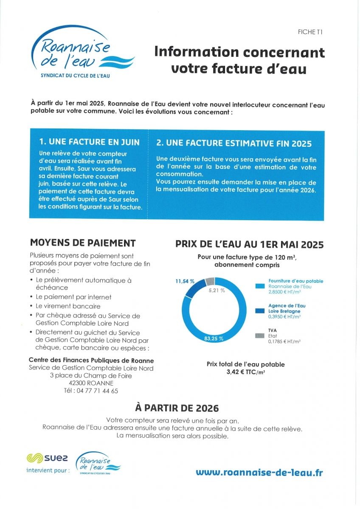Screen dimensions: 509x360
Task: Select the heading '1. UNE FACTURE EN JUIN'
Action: (x=89, y=142)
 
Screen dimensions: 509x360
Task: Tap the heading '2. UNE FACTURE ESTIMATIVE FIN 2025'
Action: (x=234, y=143)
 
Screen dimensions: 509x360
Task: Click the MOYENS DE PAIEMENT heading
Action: (x=83, y=243)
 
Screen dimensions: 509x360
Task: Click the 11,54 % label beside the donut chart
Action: (x=185, y=281)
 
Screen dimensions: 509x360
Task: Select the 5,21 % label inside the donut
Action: (x=217, y=291)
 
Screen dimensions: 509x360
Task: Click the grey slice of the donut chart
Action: (x=210, y=281)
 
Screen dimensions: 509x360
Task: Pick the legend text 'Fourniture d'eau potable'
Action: (x=295, y=281)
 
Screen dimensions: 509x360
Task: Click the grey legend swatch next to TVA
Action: (x=260, y=336)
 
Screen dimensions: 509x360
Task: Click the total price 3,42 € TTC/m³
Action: (x=245, y=372)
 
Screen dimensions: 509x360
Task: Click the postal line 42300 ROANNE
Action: (x=91, y=383)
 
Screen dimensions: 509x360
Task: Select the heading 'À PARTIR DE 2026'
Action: (x=177, y=408)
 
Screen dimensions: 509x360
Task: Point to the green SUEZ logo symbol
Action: (x=34, y=458)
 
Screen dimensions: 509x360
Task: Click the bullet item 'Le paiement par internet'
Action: (x=74, y=297)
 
